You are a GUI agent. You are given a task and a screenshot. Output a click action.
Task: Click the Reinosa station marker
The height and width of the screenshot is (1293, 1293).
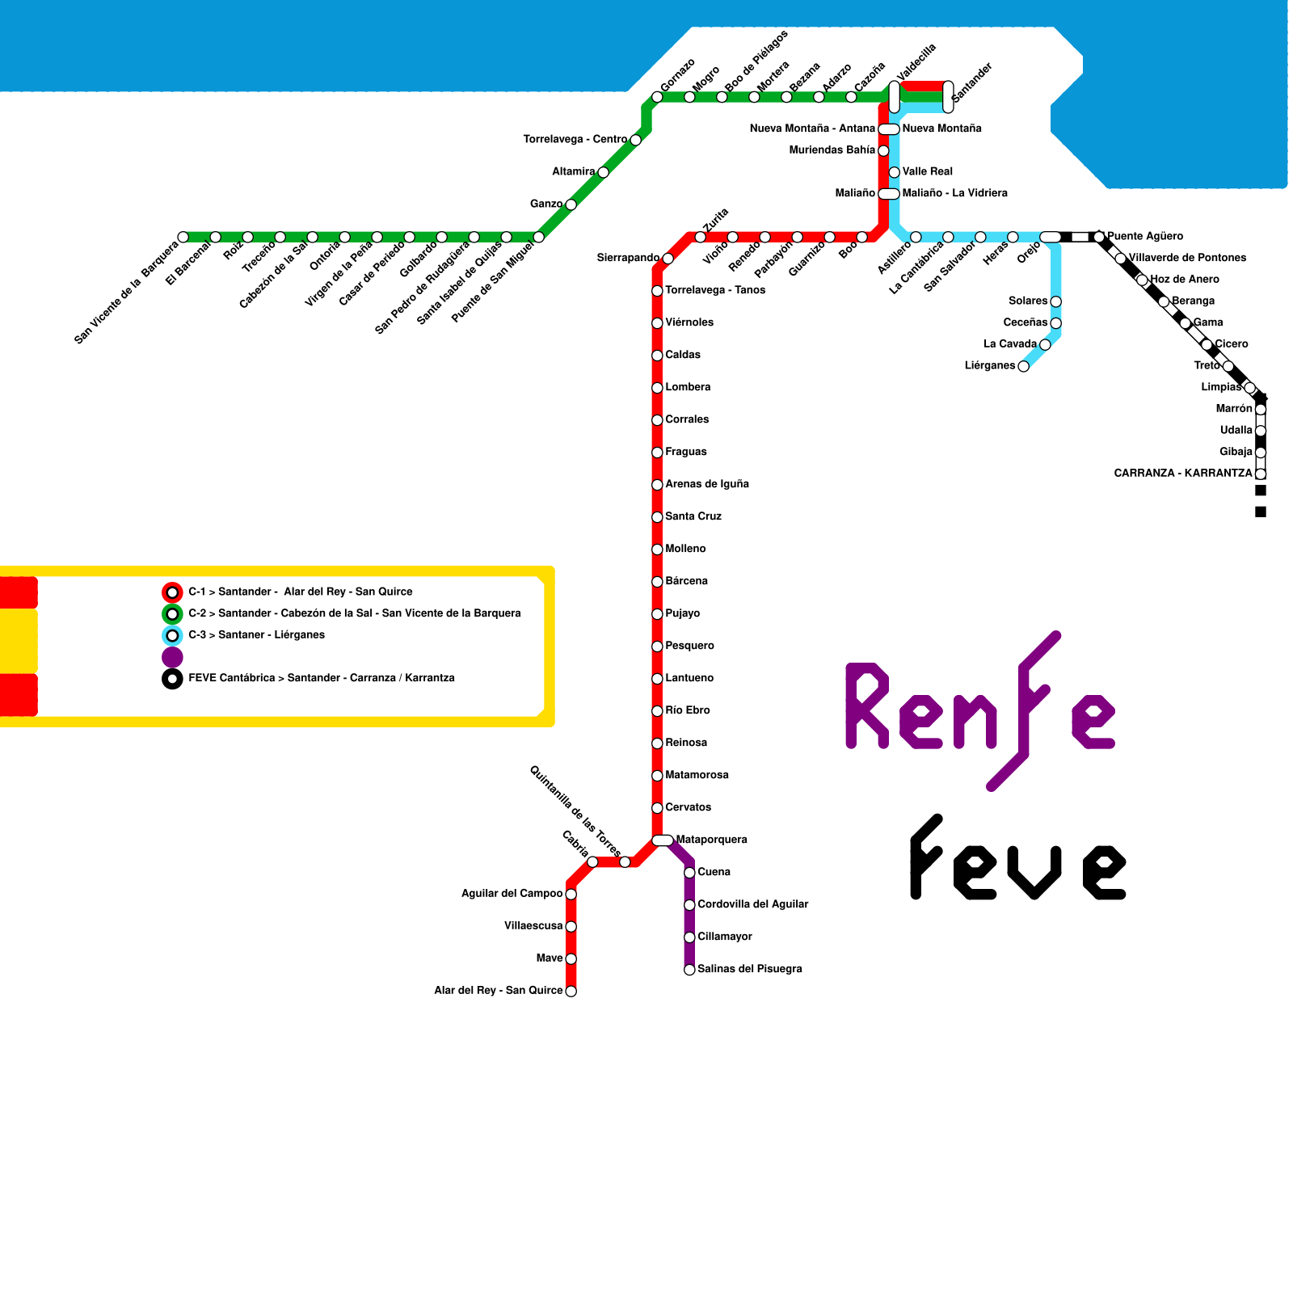(x=657, y=743)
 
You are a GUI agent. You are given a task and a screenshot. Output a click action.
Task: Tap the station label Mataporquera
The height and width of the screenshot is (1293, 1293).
(x=711, y=840)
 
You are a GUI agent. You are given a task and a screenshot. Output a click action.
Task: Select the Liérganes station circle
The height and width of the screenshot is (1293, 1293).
(x=1023, y=367)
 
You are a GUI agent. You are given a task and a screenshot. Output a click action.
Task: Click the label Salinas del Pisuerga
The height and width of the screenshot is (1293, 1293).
(x=749, y=969)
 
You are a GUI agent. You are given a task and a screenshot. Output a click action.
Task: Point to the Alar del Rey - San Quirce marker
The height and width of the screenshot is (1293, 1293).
(x=571, y=992)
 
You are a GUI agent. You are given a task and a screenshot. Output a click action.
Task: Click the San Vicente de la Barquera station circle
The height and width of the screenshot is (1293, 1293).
(x=183, y=237)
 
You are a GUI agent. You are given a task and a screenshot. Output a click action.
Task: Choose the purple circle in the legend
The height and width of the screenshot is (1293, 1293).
(x=172, y=657)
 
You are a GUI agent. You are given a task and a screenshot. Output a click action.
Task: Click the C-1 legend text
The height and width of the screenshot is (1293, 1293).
(x=300, y=592)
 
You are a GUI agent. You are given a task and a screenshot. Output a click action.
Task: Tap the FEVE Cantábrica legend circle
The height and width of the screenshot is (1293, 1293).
(x=172, y=679)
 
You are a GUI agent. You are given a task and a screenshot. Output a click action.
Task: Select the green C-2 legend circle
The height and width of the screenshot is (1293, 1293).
(x=172, y=614)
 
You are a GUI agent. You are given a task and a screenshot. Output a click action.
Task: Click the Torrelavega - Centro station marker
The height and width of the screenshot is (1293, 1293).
(x=635, y=140)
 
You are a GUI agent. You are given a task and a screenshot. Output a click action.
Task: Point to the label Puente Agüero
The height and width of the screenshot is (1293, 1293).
(x=1144, y=237)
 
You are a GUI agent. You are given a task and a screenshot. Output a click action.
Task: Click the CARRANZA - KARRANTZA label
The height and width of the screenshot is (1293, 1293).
(x=1182, y=474)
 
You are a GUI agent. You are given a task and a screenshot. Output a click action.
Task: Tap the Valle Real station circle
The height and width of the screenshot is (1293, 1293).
(x=894, y=172)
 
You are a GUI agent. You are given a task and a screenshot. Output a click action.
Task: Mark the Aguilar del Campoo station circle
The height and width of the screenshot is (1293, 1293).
(x=571, y=894)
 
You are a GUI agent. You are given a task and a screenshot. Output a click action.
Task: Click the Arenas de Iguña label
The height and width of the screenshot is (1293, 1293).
(x=706, y=484)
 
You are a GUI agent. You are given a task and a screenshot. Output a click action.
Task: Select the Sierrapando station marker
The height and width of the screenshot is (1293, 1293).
(x=668, y=259)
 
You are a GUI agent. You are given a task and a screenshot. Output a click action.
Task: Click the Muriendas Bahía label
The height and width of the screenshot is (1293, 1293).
(x=832, y=150)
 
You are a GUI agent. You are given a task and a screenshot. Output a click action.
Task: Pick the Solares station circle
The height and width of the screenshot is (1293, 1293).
(x=1055, y=301)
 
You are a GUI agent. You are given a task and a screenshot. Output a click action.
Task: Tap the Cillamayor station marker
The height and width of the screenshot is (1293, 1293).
(x=689, y=937)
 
